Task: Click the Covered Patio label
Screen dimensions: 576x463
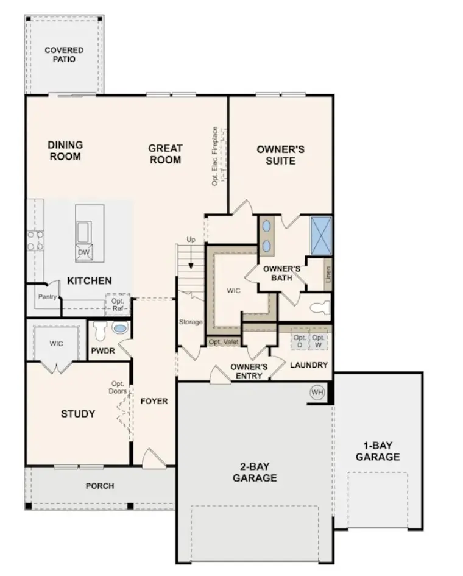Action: click(x=64, y=54)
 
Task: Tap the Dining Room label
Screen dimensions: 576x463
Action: click(x=65, y=151)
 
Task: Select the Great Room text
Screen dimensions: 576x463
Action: click(x=165, y=154)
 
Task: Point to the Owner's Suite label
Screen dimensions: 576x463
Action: click(x=280, y=155)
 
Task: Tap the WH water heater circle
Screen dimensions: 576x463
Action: click(x=317, y=392)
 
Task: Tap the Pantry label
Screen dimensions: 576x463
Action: click(x=48, y=297)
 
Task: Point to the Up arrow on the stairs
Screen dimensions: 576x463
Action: click(x=191, y=256)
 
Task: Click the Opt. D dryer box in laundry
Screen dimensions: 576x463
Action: click(x=299, y=341)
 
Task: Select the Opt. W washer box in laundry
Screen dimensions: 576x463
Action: click(x=319, y=341)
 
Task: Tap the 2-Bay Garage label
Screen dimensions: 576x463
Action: click(x=255, y=472)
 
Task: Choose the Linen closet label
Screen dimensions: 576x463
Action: click(x=328, y=274)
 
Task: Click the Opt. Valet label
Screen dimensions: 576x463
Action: click(x=223, y=342)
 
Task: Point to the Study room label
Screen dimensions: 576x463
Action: click(x=78, y=414)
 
